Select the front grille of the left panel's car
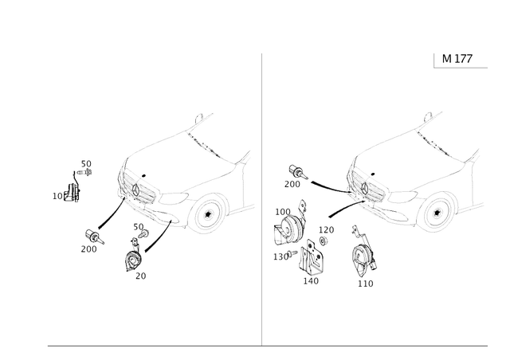pos(133,192)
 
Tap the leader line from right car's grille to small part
pos(327,186)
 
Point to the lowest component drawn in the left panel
pos(134,260)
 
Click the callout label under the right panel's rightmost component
pos(366,283)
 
